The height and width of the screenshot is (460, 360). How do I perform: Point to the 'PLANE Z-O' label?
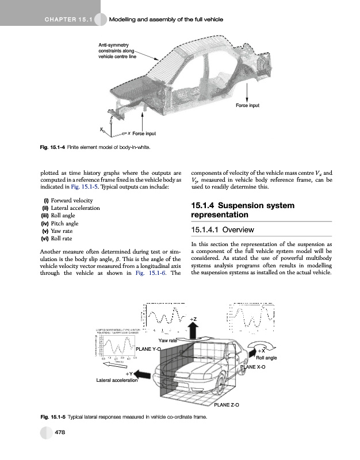coord(227,405)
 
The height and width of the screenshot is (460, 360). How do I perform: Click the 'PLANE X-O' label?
coord(252,367)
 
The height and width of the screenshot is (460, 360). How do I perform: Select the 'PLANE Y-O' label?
coord(148,349)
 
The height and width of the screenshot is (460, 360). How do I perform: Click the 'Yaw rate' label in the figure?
coord(167,341)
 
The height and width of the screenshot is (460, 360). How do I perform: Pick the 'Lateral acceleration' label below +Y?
coord(117,381)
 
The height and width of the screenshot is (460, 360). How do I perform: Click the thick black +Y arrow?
coord(145,375)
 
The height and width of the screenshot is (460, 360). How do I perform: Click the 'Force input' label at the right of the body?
coord(247,106)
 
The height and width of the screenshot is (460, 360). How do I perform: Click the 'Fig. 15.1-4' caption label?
coord(52,148)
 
